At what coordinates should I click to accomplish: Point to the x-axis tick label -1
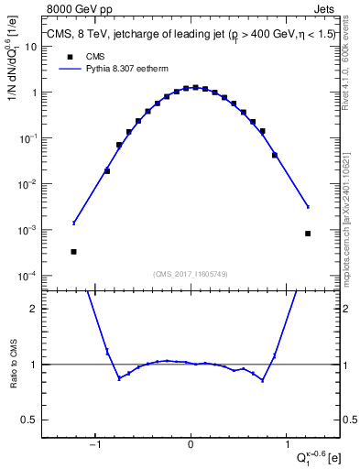(95, 444)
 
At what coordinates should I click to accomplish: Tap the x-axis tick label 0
(191, 444)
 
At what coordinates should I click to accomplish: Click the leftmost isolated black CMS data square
(73, 251)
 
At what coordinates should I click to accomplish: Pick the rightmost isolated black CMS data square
(308, 234)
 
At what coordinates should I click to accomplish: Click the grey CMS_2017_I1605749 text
(191, 273)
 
